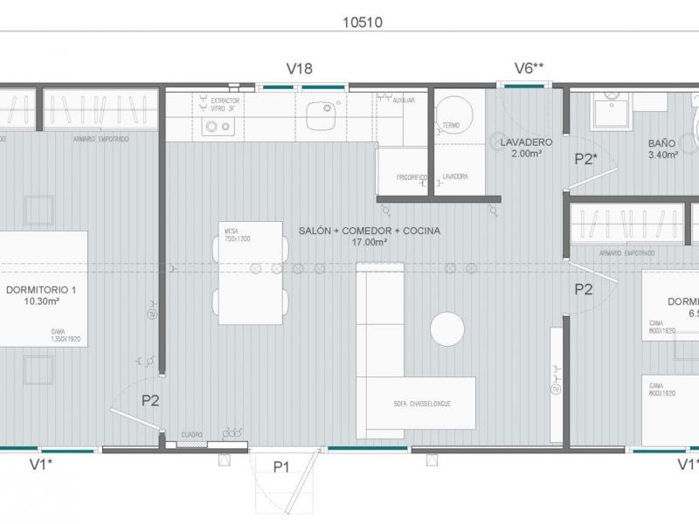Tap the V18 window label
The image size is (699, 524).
(299, 69)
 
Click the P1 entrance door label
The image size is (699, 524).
(280, 467)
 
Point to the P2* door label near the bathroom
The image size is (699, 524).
(585, 158)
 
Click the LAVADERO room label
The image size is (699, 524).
(526, 141)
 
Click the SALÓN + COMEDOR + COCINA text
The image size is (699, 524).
(369, 231)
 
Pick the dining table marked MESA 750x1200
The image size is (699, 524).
(251, 272)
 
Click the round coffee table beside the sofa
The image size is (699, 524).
(447, 329)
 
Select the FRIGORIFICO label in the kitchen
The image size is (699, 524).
(410, 177)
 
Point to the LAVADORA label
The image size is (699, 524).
(455, 177)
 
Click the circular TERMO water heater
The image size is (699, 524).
(453, 131)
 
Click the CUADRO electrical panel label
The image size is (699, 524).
(192, 434)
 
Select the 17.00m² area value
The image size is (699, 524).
(369, 243)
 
